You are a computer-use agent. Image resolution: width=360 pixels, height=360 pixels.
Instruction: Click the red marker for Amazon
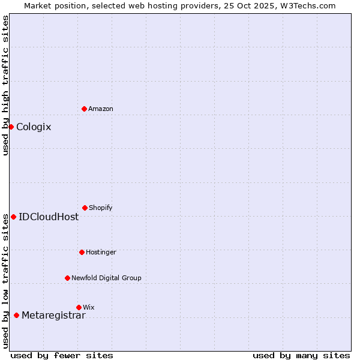[85, 109]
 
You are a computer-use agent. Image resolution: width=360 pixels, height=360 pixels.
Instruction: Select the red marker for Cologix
[11, 127]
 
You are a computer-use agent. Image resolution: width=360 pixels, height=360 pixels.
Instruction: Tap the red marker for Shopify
[85, 208]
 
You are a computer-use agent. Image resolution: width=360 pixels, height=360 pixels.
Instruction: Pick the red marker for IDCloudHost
[13, 217]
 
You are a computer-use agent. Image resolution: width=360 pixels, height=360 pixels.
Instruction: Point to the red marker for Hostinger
[82, 252]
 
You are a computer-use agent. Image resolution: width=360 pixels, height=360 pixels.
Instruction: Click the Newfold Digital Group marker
[67, 278]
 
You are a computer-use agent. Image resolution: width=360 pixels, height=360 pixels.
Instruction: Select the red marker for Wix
[79, 307]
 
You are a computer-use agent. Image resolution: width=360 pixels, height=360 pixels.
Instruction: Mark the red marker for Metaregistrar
[16, 316]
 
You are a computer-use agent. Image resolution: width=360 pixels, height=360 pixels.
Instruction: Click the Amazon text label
[101, 109]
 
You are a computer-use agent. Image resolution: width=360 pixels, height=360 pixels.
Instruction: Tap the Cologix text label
[34, 127]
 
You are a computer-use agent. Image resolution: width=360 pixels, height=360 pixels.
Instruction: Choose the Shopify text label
[101, 208]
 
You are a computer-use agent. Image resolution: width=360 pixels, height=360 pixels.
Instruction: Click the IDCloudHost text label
[49, 217]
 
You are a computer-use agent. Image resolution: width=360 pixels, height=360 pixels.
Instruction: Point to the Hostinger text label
[101, 252]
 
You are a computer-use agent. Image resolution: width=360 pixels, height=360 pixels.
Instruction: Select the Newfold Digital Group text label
[106, 278]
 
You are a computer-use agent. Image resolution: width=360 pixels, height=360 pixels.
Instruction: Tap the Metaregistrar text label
[53, 316]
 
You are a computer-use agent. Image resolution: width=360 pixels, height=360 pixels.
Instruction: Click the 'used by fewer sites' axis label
[62, 355]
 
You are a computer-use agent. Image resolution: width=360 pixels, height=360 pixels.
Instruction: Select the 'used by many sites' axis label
[301, 355]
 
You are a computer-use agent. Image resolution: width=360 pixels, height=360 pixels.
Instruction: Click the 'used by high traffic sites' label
[6, 85]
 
